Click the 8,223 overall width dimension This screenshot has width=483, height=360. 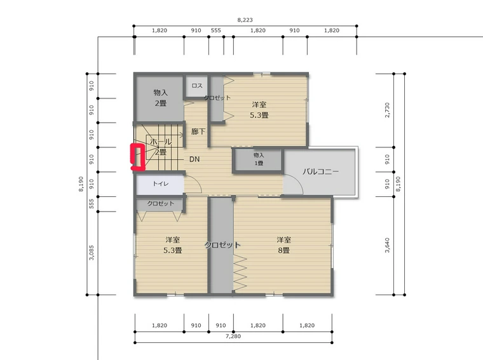tap(245, 20)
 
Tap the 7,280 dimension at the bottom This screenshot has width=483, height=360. tap(233, 337)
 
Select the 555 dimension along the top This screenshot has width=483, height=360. tap(216, 30)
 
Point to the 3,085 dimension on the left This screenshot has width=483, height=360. tap(92, 253)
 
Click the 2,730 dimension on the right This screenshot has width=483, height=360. tap(387, 110)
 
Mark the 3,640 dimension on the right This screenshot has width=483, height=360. tap(387, 245)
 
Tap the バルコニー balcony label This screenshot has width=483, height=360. tap(320, 171)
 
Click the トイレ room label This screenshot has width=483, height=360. tap(161, 183)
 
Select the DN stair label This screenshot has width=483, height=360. tap(194, 159)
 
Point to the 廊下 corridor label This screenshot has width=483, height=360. tap(198, 131)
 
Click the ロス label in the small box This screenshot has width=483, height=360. tap(197, 86)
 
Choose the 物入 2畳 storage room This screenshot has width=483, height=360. tap(161, 98)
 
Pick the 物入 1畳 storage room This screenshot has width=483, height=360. tap(259, 159)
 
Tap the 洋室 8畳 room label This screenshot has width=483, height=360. tap(283, 245)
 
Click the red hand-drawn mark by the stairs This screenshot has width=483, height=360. tap(137, 157)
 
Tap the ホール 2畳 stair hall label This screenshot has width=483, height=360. tap(161, 147)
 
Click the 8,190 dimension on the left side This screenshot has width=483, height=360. tap(81, 184)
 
